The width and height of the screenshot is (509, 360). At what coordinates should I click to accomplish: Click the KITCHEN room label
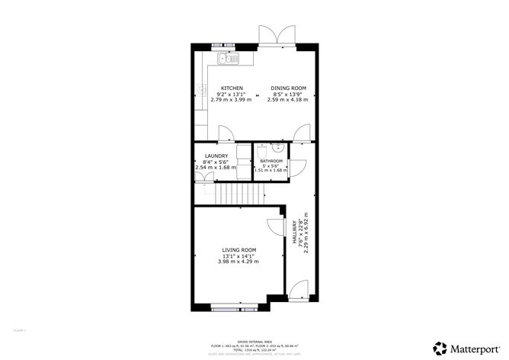pos(232,88)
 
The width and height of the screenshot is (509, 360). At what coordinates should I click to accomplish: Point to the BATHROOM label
pos(271,162)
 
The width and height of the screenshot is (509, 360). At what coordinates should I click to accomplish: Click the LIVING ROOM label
pos(238,250)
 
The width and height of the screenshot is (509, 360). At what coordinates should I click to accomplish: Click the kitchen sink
pos(227,59)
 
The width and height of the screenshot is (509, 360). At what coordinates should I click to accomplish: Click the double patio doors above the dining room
pos(275,35)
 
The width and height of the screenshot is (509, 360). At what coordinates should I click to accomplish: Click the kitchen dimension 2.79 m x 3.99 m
pos(232,100)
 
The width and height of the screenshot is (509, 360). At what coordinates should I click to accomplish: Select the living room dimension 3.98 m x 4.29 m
pos(238,262)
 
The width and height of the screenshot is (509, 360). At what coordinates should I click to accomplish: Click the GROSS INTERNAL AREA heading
pos(255,341)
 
